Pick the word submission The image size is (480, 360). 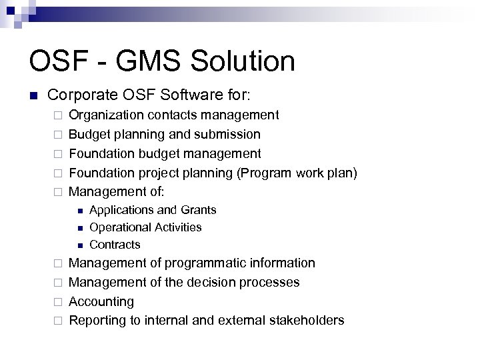(227, 135)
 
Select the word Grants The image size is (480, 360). (199, 210)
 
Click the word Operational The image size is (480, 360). (118, 227)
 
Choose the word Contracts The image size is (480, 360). (115, 245)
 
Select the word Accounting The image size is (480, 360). (101, 302)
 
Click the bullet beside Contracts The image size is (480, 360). (79, 245)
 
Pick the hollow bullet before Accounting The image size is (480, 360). (57, 302)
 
